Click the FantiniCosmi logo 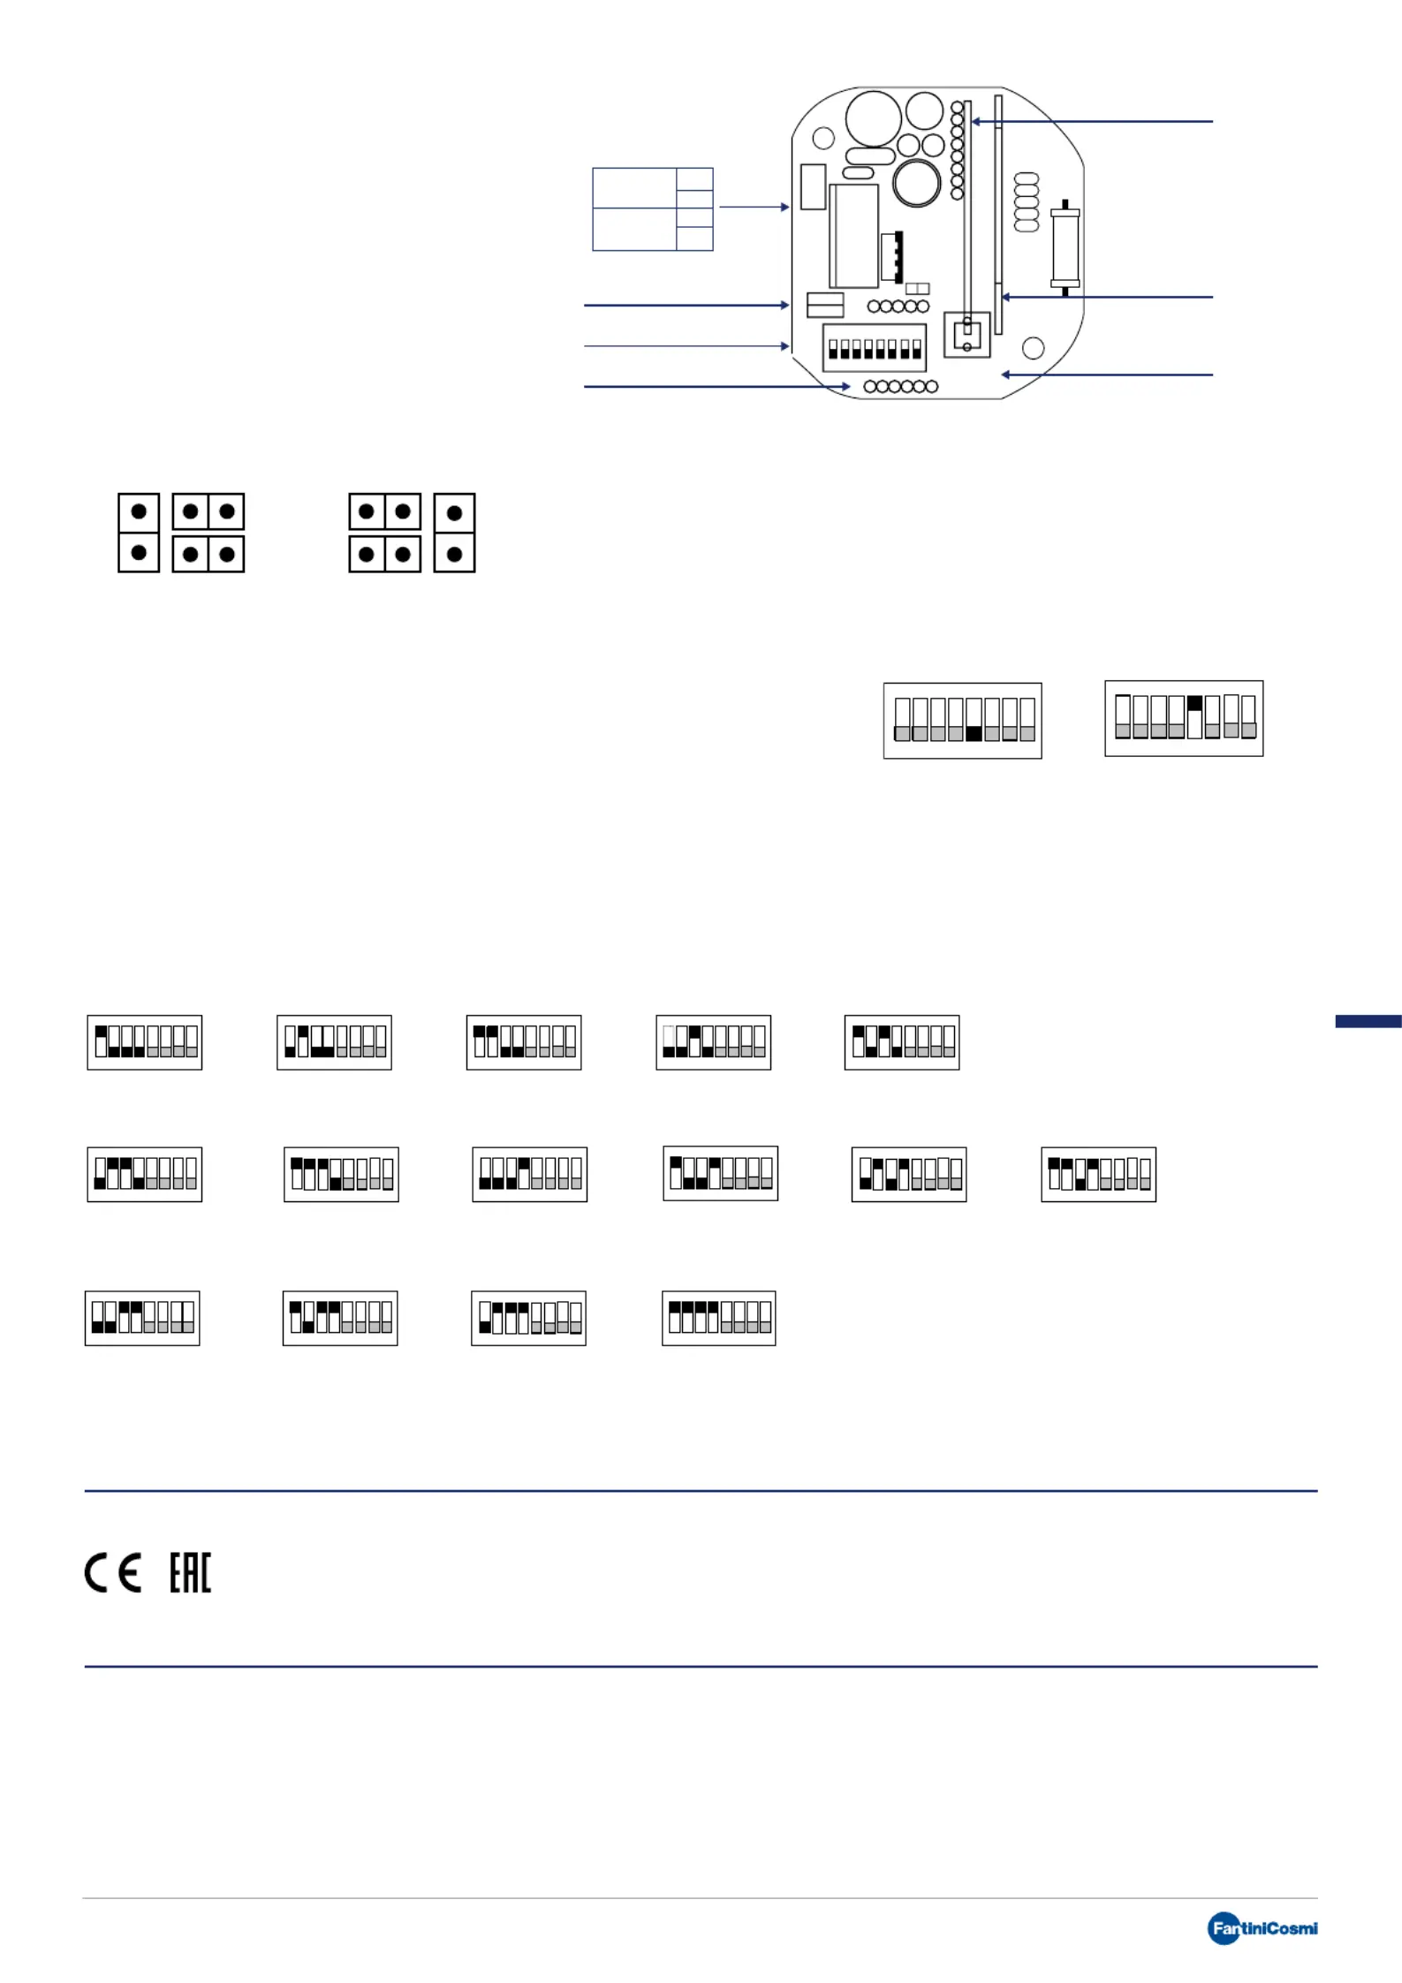click(1262, 1928)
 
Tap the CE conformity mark click(112, 1573)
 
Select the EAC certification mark click(190, 1572)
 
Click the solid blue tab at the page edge click(1368, 1021)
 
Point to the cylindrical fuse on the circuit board click(1065, 248)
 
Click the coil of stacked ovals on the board click(1027, 202)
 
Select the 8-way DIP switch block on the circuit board click(874, 347)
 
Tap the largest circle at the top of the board click(874, 118)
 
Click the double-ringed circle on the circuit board click(917, 183)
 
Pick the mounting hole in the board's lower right click(1033, 348)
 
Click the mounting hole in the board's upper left click(823, 138)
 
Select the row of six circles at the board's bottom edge click(900, 386)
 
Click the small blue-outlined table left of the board click(653, 209)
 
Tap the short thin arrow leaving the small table click(754, 207)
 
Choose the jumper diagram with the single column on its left click(181, 533)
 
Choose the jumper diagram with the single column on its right click(412, 533)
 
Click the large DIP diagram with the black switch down click(963, 721)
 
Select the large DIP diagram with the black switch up click(1184, 718)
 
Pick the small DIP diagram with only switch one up click(145, 1042)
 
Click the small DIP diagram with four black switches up click(719, 1318)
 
